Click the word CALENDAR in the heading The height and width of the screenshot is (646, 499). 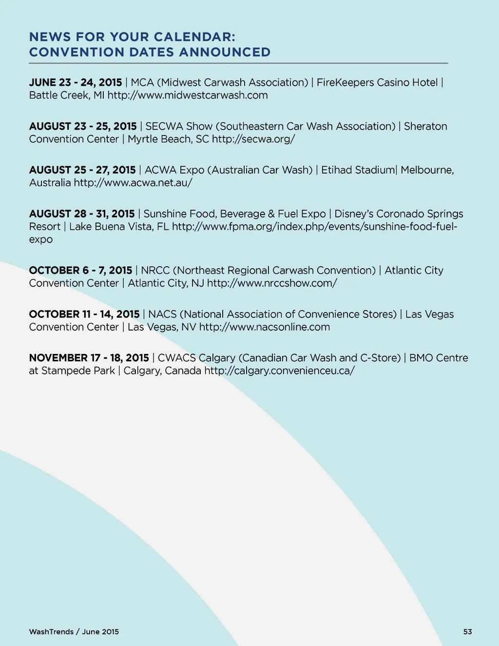[193, 37]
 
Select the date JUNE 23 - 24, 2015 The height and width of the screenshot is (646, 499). [76, 82]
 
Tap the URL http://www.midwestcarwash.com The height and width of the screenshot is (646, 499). [188, 95]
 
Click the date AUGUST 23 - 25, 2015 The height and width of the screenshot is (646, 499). [83, 126]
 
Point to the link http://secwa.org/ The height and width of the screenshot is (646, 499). [253, 139]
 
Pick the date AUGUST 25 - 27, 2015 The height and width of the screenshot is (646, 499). [82, 170]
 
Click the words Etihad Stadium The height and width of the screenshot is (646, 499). [358, 170]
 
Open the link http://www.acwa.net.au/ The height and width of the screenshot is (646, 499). [133, 183]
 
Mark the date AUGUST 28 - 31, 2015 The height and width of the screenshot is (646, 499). [82, 214]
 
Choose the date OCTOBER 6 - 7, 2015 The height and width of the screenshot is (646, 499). [80, 271]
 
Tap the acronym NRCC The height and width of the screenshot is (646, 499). [155, 271]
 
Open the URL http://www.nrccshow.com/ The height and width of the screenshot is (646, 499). [272, 283]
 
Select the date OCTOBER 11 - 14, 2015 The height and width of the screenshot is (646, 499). [84, 314]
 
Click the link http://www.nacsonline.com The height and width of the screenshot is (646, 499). [265, 327]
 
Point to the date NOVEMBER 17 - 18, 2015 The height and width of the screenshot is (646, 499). [89, 358]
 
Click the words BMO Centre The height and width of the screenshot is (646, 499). [439, 358]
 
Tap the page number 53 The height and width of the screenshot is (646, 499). [467, 632]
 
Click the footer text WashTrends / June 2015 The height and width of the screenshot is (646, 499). [74, 632]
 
